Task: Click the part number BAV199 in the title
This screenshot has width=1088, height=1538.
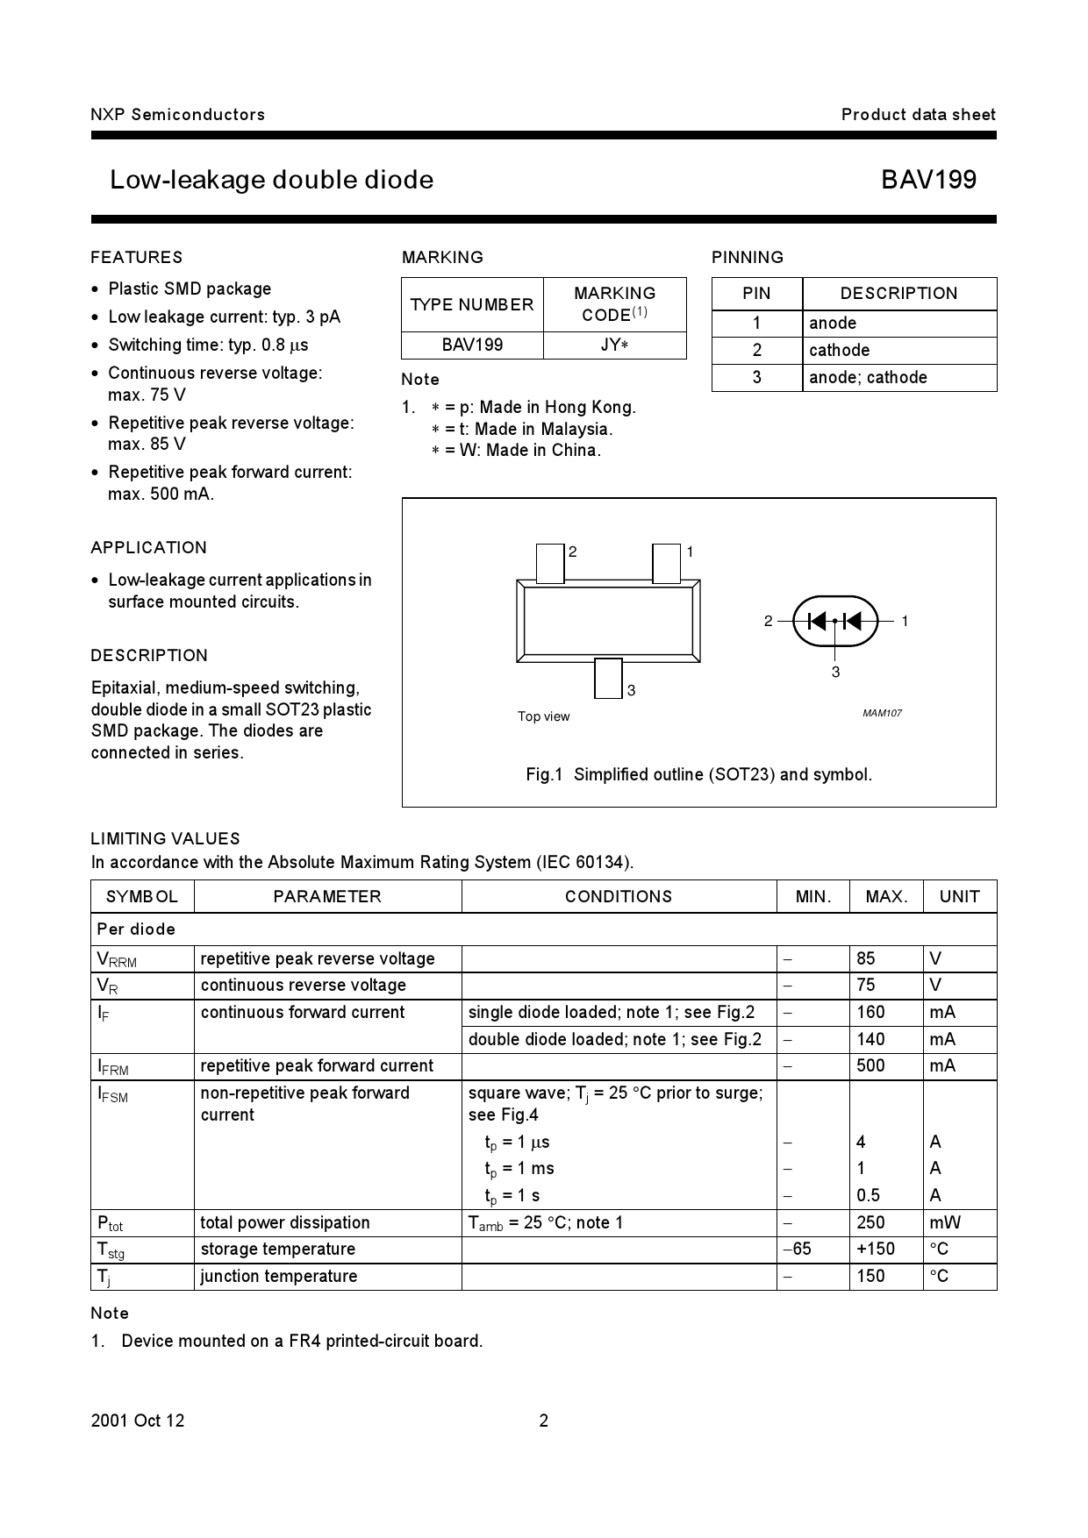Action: tap(928, 180)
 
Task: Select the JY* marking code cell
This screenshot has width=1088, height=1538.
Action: tap(614, 345)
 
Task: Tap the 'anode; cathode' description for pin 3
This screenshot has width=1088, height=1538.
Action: tap(868, 377)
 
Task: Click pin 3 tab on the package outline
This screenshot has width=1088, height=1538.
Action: tap(608, 678)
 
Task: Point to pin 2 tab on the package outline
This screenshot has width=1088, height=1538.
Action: tap(550, 563)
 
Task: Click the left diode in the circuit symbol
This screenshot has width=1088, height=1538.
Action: tap(817, 621)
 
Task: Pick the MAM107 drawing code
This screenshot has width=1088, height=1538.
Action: tap(882, 713)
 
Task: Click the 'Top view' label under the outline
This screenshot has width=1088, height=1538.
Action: tap(543, 716)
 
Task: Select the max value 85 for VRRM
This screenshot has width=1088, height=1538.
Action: tap(866, 958)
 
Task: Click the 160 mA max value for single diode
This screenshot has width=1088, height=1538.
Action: tap(870, 1012)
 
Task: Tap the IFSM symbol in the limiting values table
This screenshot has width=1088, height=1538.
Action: tap(112, 1093)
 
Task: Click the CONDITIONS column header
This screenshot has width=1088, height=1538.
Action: tap(619, 896)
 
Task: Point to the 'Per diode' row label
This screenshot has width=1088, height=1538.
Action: tap(136, 929)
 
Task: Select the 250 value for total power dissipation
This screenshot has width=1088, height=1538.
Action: tap(870, 1222)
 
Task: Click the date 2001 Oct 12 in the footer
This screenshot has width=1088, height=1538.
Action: tap(138, 1421)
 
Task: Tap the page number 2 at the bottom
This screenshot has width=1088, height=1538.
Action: tap(543, 1421)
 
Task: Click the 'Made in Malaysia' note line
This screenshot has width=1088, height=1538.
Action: tap(522, 429)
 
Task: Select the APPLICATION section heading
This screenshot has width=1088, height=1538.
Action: tap(148, 547)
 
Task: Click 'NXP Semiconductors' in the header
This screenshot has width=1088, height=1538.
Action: tap(177, 114)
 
